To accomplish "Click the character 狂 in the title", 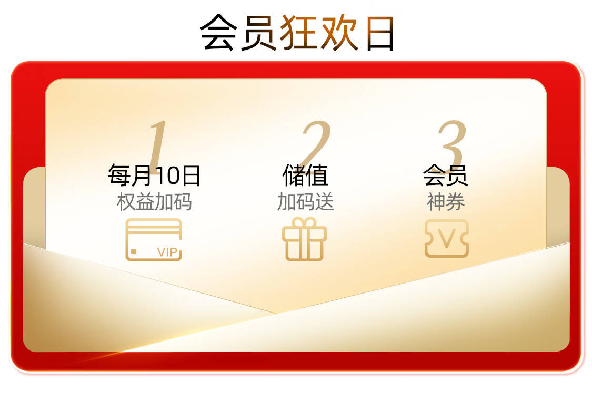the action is (298, 33).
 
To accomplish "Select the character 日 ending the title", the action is (380, 33).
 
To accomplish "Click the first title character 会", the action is (218, 33).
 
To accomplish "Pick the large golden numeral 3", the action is (452, 144).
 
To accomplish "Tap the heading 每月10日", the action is (154, 175).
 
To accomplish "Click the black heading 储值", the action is (305, 175).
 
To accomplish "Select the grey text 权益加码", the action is (154, 201).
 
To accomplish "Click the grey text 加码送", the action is (305, 201).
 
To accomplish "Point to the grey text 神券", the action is (446, 201).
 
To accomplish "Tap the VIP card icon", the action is (154, 240).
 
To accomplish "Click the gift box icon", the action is (304, 239).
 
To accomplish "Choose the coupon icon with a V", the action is (447, 239).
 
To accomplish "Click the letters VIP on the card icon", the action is (167, 252).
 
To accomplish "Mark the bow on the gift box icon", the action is (304, 222).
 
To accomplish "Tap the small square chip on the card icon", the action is (134, 251).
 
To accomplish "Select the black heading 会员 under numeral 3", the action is (446, 175).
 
